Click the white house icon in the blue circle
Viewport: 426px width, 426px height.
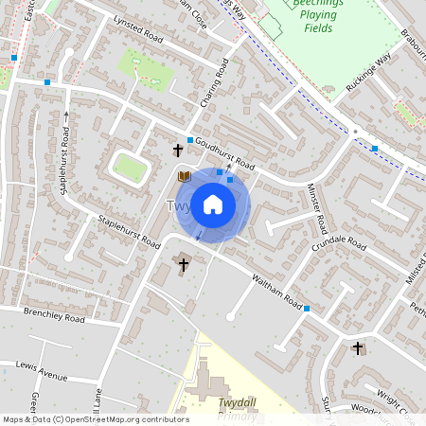tap(213, 204)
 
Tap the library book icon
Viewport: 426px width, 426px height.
tap(184, 176)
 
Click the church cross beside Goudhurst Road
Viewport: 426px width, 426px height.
tap(177, 150)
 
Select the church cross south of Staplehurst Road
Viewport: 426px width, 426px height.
tap(184, 265)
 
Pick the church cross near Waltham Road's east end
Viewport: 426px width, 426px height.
tap(358, 348)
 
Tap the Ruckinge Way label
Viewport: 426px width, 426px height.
tap(367, 73)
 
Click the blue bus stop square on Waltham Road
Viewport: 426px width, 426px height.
tap(307, 309)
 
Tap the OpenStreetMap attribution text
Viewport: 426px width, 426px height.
tap(95, 419)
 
